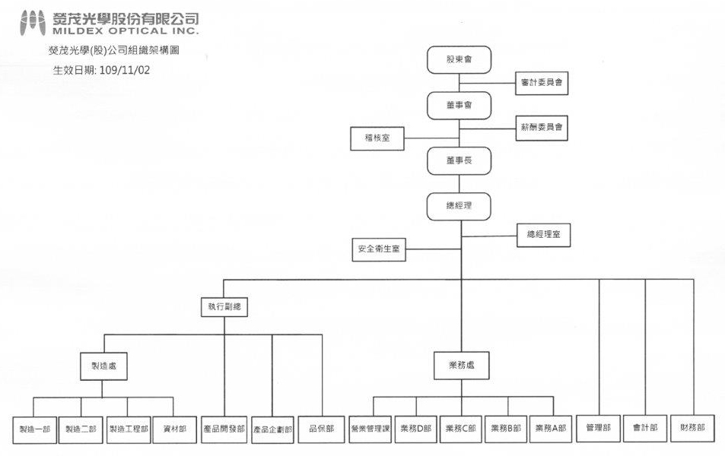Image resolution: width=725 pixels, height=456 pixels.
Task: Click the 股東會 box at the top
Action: click(459, 59)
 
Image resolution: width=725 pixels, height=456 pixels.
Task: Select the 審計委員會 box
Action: click(542, 83)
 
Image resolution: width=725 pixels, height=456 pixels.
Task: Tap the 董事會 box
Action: click(459, 106)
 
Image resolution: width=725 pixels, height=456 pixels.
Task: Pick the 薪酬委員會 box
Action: click(542, 128)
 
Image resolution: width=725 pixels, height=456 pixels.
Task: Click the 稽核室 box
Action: click(377, 138)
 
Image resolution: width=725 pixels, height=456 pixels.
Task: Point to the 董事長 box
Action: click(459, 161)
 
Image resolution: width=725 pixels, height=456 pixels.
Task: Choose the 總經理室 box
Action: click(543, 235)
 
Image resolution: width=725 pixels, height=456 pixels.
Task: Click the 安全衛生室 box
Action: click(379, 249)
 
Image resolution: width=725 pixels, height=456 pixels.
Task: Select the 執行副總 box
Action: click(224, 307)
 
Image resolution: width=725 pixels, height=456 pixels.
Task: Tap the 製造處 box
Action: click(103, 366)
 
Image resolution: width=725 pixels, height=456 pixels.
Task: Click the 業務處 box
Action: click(462, 366)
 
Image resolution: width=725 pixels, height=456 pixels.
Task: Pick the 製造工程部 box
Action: click(129, 429)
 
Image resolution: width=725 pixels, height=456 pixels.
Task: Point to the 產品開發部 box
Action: click(224, 429)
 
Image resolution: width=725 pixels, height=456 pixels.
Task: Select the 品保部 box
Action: click(321, 429)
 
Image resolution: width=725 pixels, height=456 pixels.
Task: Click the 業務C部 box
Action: click(460, 429)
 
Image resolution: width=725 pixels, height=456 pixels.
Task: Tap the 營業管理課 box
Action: click(370, 429)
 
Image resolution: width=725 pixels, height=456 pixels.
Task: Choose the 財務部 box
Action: click(692, 428)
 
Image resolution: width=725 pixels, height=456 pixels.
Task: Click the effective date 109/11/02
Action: click(124, 70)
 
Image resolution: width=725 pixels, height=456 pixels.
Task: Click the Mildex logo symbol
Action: click(33, 23)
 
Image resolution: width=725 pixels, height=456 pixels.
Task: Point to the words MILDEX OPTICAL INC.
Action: click(126, 31)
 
